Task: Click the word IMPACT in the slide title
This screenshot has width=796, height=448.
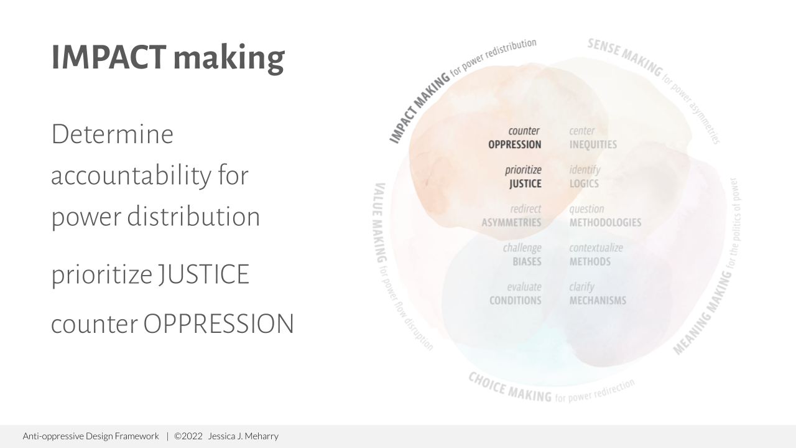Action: [x=108, y=57]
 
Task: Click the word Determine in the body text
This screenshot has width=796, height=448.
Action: [x=112, y=134]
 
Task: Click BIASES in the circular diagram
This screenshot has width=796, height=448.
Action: [x=527, y=261]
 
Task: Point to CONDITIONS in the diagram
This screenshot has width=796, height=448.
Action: [x=515, y=301]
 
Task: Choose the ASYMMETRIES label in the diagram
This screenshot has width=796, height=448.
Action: [x=511, y=223]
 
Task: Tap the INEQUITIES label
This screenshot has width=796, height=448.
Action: [x=593, y=145]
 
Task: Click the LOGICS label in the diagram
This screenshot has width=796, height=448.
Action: [x=584, y=184]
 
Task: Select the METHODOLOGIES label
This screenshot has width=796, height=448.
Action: [x=605, y=223]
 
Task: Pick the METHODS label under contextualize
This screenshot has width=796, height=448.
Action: [x=590, y=261]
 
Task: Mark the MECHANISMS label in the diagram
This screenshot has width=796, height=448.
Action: [x=598, y=301]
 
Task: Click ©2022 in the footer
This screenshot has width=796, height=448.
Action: [x=188, y=436]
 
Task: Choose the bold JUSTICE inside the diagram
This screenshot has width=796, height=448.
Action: [x=525, y=184]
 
